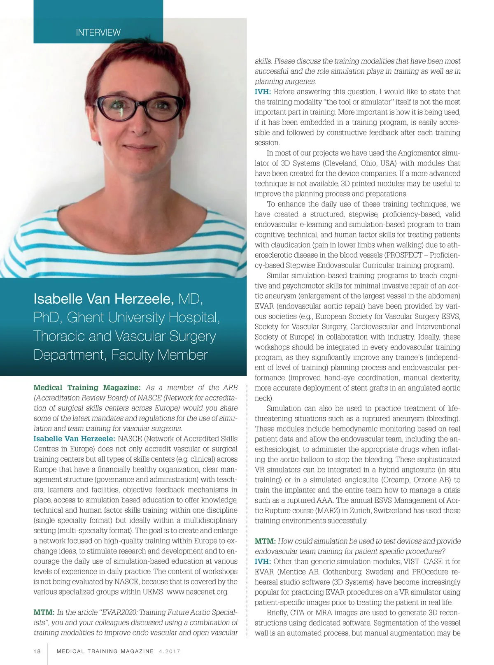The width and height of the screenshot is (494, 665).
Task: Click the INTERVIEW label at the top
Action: (98, 33)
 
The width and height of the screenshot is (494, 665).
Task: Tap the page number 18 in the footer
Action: (37, 651)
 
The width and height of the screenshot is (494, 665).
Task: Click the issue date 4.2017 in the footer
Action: (169, 651)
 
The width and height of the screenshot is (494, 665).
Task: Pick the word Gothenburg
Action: (346, 572)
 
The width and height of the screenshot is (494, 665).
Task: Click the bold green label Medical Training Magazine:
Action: (87, 388)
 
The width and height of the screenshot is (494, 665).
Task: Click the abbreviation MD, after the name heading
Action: (191, 299)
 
